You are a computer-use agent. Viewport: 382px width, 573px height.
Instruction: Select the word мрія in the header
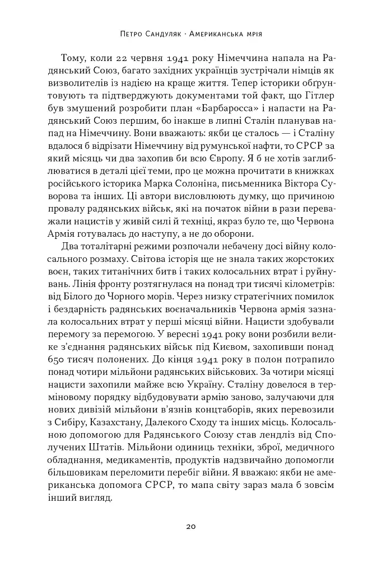252,34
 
